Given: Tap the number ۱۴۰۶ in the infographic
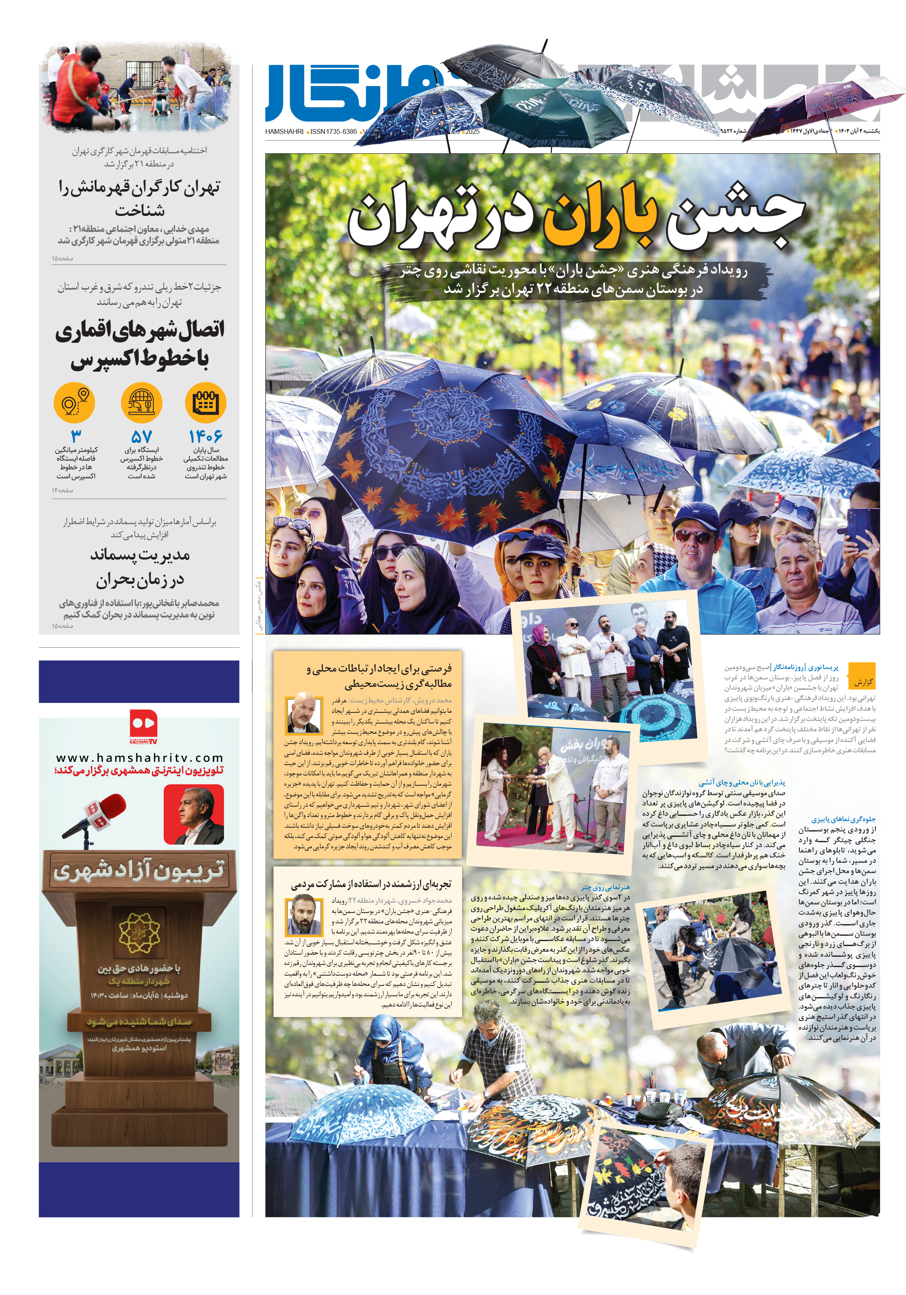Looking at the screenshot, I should click(205, 436).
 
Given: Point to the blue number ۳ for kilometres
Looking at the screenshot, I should click(75, 436).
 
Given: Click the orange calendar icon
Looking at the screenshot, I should click(205, 403).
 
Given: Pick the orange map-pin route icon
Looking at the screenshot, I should click(75, 403).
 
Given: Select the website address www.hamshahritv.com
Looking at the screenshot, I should click(139, 757).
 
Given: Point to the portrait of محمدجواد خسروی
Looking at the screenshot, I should click(304, 915).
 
